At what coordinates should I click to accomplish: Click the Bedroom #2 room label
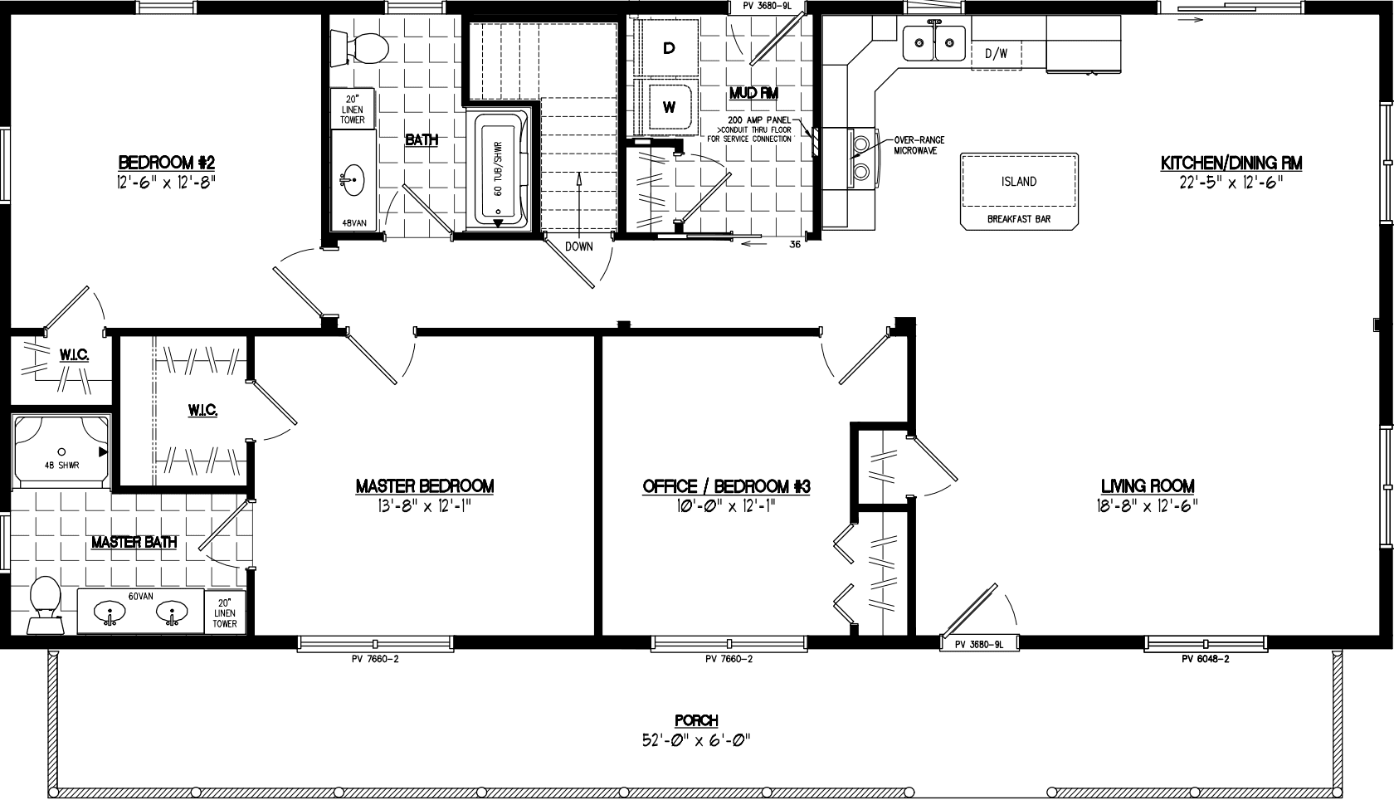166,162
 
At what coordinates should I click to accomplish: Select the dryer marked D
669,48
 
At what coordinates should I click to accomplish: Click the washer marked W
669,106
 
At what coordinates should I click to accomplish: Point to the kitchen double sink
934,43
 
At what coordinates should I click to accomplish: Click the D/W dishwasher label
996,54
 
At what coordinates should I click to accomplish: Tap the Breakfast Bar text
1018,219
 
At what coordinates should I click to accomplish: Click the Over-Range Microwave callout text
919,145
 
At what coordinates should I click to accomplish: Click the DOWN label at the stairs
578,246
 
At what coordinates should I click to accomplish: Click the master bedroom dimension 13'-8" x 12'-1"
425,505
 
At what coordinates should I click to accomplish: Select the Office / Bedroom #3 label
726,486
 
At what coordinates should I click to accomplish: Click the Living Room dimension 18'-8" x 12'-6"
1148,505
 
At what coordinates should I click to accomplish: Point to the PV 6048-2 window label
1205,659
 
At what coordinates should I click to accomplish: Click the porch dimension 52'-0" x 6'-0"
695,739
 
